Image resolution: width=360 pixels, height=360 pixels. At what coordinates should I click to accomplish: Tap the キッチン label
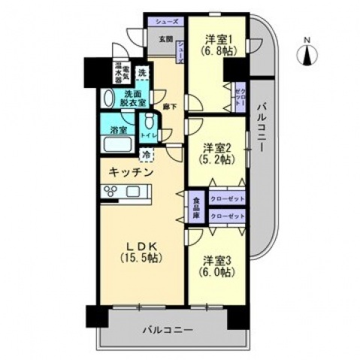132,172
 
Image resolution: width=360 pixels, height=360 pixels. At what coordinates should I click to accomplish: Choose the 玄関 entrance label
165,39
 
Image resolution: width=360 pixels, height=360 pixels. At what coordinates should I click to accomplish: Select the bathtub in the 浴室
116,145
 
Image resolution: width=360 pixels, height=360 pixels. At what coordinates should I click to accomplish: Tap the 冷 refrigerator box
147,156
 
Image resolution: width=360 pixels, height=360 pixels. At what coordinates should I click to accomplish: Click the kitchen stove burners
110,192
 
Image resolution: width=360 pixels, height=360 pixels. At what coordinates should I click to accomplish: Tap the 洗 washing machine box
142,74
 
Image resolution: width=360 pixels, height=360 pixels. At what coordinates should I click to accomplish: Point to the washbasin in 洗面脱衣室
108,97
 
